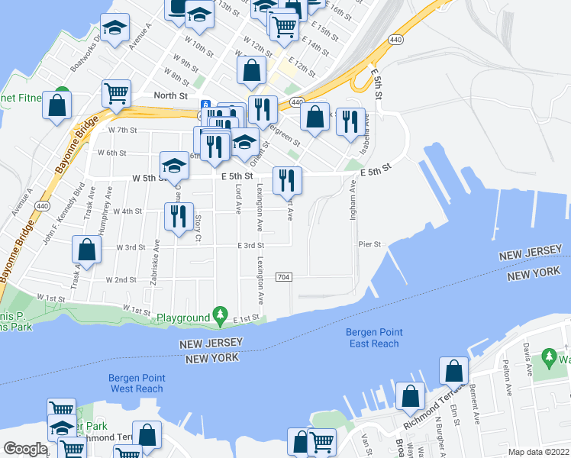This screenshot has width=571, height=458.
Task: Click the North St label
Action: [170, 95]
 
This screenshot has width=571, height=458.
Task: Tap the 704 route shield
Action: [282, 276]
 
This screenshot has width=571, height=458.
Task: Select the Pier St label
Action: [369, 244]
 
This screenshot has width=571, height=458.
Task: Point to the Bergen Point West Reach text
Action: [137, 383]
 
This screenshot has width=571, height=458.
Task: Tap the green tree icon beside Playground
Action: [221, 314]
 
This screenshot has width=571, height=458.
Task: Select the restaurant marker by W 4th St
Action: [178, 215]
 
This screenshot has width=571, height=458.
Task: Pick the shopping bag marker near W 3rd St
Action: [87, 250]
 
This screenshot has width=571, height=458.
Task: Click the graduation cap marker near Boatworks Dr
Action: [115, 28]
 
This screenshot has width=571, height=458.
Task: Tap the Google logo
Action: [25, 449]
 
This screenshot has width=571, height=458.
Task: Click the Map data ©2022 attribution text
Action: [537, 452]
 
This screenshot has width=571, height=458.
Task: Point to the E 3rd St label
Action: [250, 246]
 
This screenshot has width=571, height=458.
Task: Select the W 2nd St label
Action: [121, 280]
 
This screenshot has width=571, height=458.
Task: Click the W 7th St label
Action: [122, 131]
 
